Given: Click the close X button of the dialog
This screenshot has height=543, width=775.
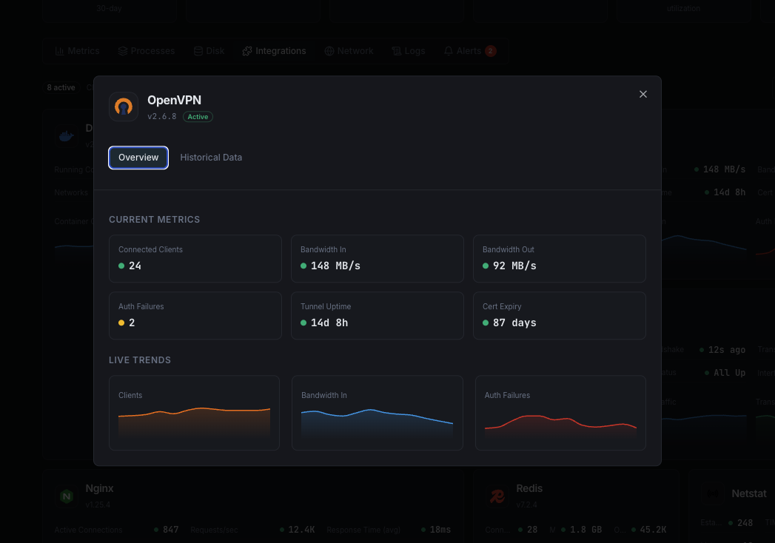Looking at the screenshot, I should [x=643, y=94].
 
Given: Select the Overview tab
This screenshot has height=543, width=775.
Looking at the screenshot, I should [x=138, y=158].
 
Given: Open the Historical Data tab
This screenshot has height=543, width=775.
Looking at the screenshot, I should [x=211, y=158].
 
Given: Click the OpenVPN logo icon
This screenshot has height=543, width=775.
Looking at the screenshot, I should [x=124, y=107].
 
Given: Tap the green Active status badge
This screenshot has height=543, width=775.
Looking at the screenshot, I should [x=198, y=117].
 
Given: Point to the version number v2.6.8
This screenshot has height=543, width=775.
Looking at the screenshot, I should [x=162, y=117].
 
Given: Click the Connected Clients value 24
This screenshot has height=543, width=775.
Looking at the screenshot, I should [x=135, y=266].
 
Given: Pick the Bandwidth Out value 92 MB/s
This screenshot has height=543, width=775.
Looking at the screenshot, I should [x=514, y=266].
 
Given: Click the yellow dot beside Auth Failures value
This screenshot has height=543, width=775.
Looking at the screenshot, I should [x=121, y=323].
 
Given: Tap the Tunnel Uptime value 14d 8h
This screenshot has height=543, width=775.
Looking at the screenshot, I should [x=329, y=323].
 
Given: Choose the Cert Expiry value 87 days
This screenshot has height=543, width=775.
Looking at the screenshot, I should [x=514, y=323].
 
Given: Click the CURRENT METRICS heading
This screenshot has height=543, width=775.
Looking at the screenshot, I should [x=154, y=220].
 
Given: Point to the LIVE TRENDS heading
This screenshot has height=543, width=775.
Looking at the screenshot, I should [x=140, y=360].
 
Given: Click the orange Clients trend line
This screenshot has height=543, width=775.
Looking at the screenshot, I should [x=200, y=408].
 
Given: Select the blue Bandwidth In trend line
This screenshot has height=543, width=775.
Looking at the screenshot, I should [x=370, y=410].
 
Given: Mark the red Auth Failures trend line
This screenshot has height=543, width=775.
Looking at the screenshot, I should [x=533, y=416].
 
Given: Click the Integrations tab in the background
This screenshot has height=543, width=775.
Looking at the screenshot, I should [x=274, y=51].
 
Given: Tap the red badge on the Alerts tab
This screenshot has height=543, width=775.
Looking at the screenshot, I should [x=490, y=51].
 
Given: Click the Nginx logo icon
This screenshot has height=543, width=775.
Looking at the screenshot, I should [x=67, y=496].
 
